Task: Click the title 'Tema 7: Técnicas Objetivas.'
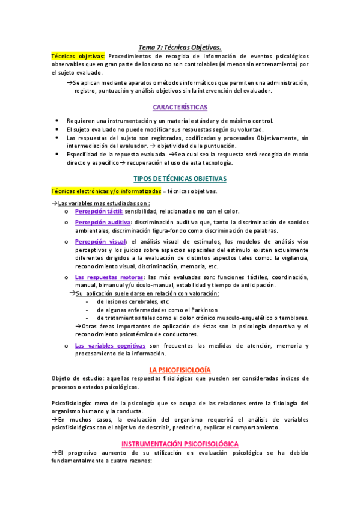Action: (x=180, y=46)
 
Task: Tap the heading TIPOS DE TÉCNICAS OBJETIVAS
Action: (x=180, y=179)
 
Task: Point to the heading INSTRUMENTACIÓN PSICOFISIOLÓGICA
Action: (x=180, y=443)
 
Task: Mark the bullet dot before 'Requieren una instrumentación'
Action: (x=56, y=121)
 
